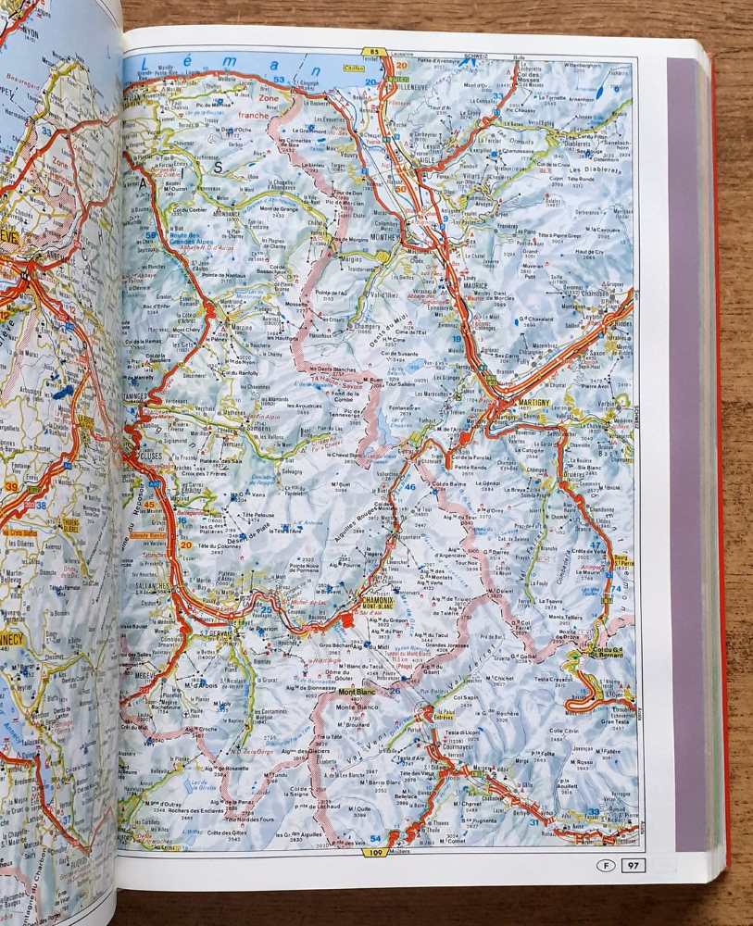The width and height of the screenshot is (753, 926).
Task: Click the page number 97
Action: [x=634, y=866]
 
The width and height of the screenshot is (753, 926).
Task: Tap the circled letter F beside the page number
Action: [x=605, y=866]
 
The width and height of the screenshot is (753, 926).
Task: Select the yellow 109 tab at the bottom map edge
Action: [x=375, y=852]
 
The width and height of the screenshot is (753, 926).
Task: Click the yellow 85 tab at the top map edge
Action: [x=374, y=52]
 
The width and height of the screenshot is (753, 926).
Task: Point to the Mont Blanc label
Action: [x=355, y=691]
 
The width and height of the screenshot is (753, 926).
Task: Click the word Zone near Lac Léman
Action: [x=270, y=97]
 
